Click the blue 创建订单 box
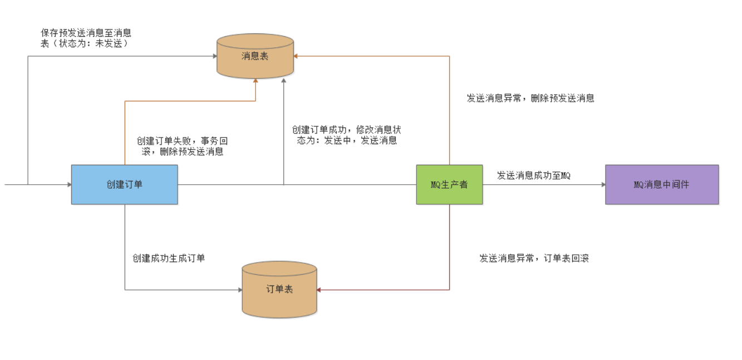tap(124, 184)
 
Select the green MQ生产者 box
tap(449, 184)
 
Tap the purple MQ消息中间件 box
tap(661, 184)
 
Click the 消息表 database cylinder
tap(255, 56)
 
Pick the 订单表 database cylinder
tap(279, 289)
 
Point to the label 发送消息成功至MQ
tap(533, 175)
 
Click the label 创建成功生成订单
tap(169, 258)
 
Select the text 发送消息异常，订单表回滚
tap(534, 258)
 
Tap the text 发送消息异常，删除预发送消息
tap(530, 98)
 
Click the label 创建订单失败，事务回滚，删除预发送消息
tap(182, 146)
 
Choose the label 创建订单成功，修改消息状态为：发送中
tap(346, 135)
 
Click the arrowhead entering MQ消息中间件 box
tap(603, 184)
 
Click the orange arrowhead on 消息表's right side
tap(296, 56)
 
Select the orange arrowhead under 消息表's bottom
tap(255, 81)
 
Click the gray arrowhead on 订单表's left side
tap(240, 290)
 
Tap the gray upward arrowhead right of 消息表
tap(284, 82)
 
